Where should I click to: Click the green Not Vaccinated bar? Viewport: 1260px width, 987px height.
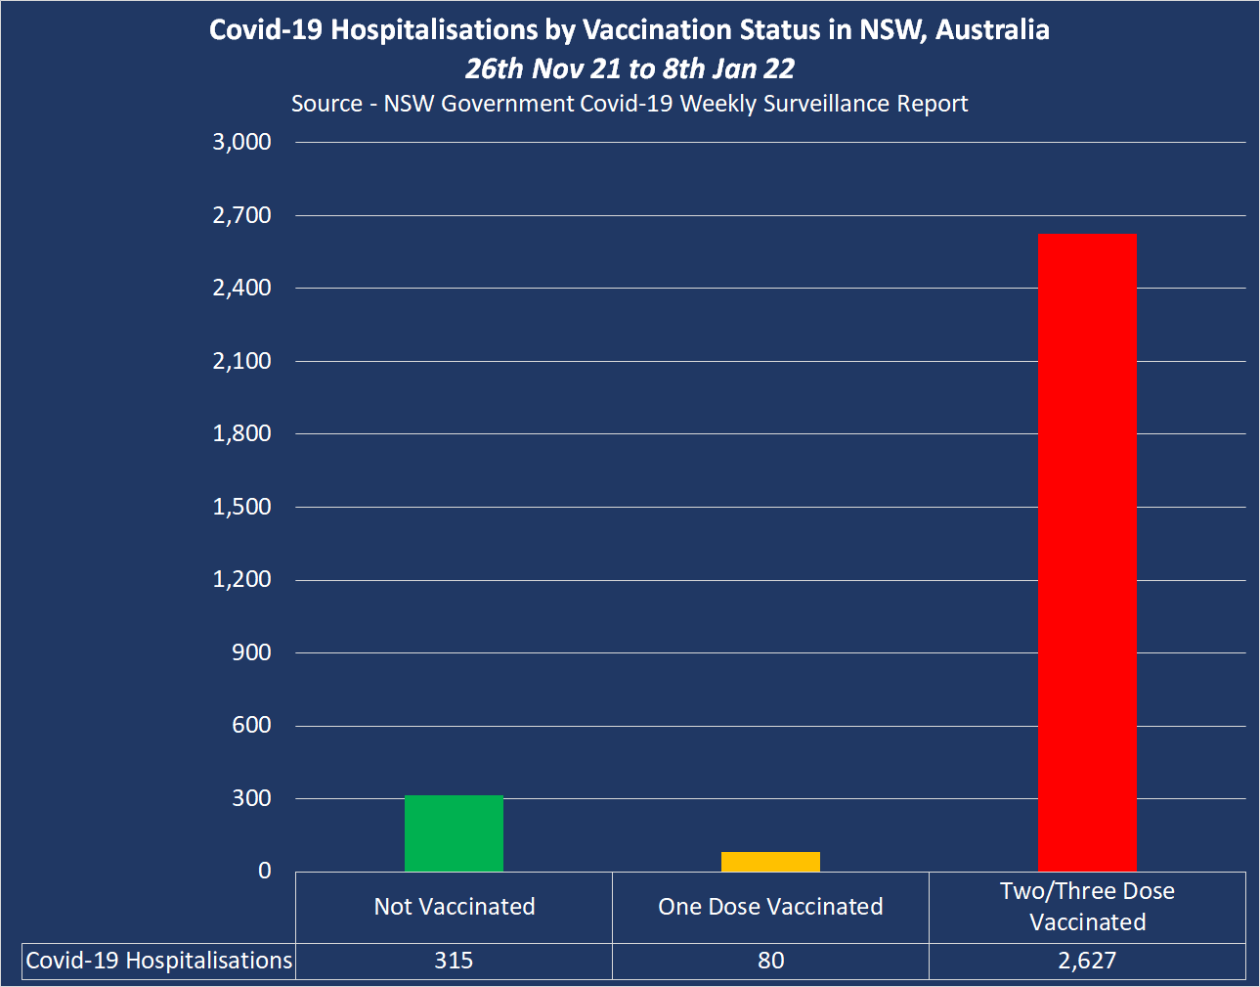[454, 833]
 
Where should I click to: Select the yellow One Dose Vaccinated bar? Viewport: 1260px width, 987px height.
[770, 862]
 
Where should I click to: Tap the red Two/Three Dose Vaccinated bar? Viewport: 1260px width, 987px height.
[1087, 553]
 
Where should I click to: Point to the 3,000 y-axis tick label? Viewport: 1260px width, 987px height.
[241, 142]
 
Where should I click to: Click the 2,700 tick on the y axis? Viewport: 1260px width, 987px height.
[241, 215]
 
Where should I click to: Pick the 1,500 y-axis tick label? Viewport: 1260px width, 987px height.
[241, 507]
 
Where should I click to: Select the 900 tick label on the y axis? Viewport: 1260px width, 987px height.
[251, 652]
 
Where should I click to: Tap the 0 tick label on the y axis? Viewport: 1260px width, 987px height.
[264, 871]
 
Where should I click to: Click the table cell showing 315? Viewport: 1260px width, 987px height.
[454, 961]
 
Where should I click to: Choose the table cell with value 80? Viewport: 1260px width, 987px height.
[770, 961]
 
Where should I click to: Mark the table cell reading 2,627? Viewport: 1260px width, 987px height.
[1087, 961]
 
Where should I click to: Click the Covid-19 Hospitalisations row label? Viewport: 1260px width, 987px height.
[158, 961]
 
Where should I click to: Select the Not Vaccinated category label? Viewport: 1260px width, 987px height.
[455, 907]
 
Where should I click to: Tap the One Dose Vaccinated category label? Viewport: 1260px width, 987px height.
[770, 907]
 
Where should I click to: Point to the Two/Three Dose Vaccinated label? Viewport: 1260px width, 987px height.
[1087, 907]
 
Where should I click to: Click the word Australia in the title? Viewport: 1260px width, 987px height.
[992, 30]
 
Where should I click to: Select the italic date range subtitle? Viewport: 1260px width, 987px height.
[630, 68]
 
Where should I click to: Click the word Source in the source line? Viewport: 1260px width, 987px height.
[326, 104]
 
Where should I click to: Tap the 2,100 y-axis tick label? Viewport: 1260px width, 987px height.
[241, 361]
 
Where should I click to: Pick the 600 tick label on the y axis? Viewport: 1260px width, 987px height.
[251, 725]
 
